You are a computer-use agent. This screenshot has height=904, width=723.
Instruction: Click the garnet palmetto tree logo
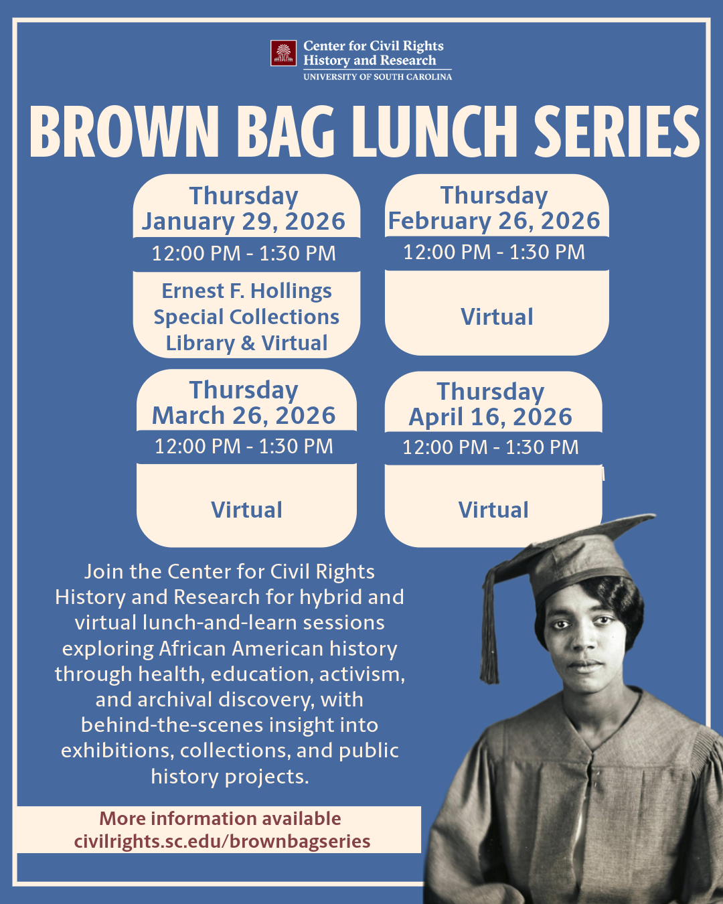(x=283, y=53)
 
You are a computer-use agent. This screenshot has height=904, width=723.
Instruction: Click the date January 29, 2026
(x=244, y=222)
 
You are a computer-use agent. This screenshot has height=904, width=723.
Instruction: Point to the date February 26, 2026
(x=494, y=221)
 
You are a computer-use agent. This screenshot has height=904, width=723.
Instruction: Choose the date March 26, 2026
(x=244, y=415)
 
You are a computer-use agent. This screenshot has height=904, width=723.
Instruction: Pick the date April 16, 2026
(x=490, y=417)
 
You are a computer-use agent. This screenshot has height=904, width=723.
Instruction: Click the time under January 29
(x=244, y=253)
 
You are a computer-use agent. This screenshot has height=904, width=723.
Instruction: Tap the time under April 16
(x=490, y=447)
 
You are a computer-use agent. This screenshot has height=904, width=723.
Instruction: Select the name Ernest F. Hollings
(x=246, y=291)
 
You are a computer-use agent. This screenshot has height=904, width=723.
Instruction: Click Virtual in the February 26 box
(x=497, y=317)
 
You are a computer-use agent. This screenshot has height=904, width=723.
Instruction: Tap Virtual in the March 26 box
(x=246, y=510)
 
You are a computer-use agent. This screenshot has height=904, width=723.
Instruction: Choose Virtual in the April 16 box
(x=493, y=510)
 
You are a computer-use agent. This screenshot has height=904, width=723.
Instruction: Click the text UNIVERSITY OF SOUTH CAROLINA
(x=378, y=77)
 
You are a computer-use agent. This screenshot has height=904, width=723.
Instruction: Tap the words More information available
(x=220, y=819)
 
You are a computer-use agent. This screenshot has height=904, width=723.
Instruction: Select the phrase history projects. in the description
(x=230, y=777)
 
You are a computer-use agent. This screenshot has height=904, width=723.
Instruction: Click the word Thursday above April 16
(x=490, y=392)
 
